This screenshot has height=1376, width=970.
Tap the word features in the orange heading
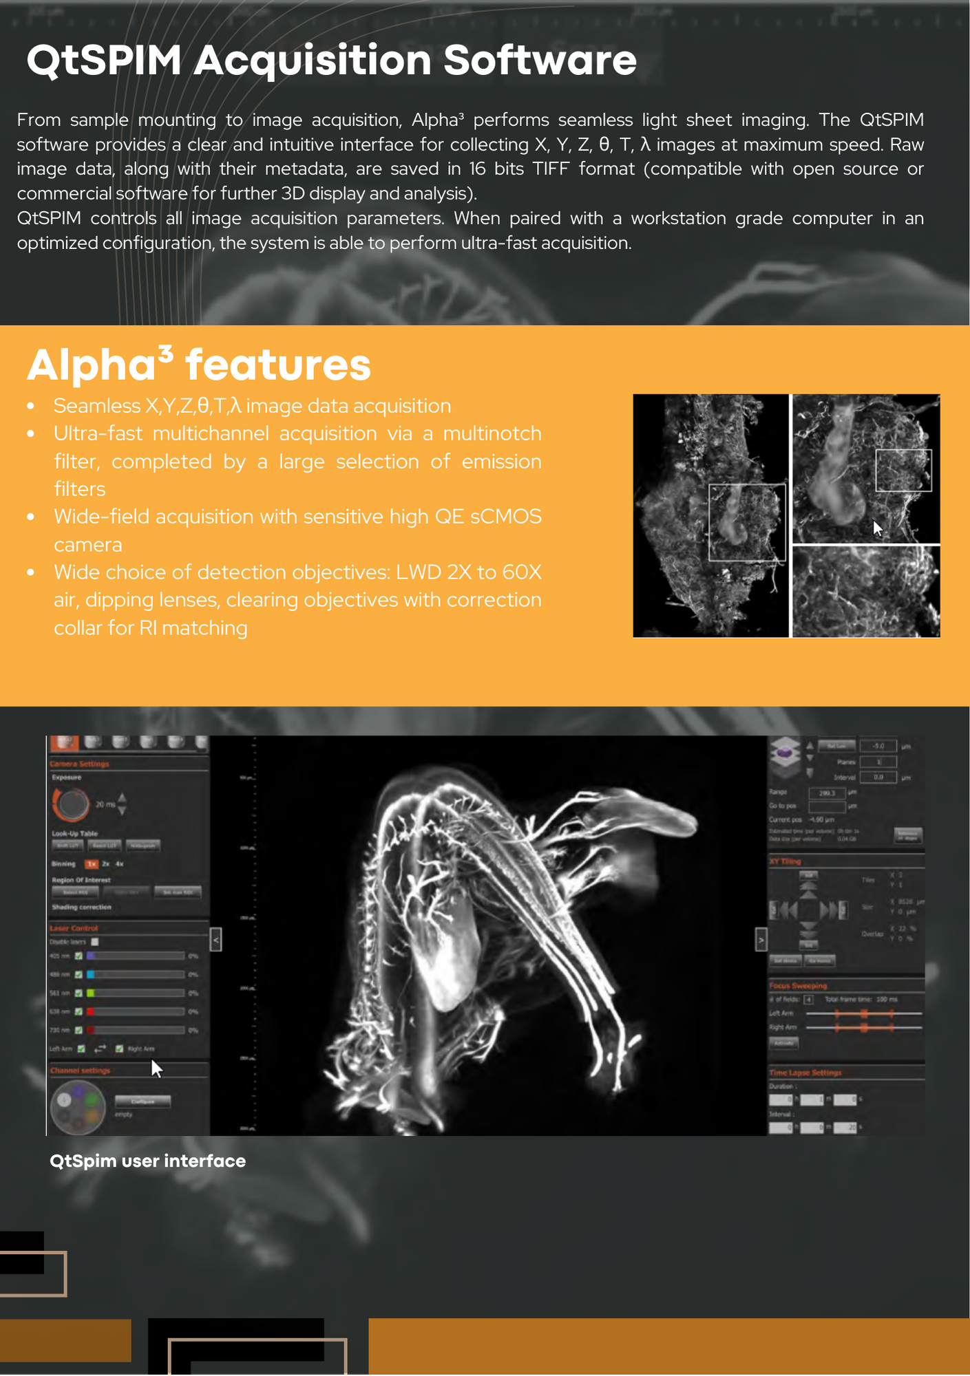click(x=278, y=365)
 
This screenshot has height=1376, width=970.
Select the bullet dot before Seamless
click(x=31, y=407)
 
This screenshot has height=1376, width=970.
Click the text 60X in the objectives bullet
click(x=522, y=572)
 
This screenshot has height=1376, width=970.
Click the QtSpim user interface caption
click(x=147, y=1161)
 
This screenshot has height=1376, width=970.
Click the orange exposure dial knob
click(x=71, y=803)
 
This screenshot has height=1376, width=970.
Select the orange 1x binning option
click(x=91, y=864)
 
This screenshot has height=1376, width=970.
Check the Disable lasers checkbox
click(x=95, y=942)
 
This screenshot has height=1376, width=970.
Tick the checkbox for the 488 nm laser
click(x=78, y=974)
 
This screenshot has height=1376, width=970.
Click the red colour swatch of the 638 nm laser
click(x=90, y=1011)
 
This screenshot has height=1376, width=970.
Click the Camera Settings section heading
click(x=79, y=764)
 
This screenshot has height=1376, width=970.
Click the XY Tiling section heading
click(x=785, y=861)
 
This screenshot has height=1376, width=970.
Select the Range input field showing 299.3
click(x=826, y=793)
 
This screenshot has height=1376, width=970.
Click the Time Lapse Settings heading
click(x=805, y=1073)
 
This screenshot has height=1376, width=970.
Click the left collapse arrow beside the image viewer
click(x=215, y=939)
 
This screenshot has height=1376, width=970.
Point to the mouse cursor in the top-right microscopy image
click(x=877, y=528)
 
